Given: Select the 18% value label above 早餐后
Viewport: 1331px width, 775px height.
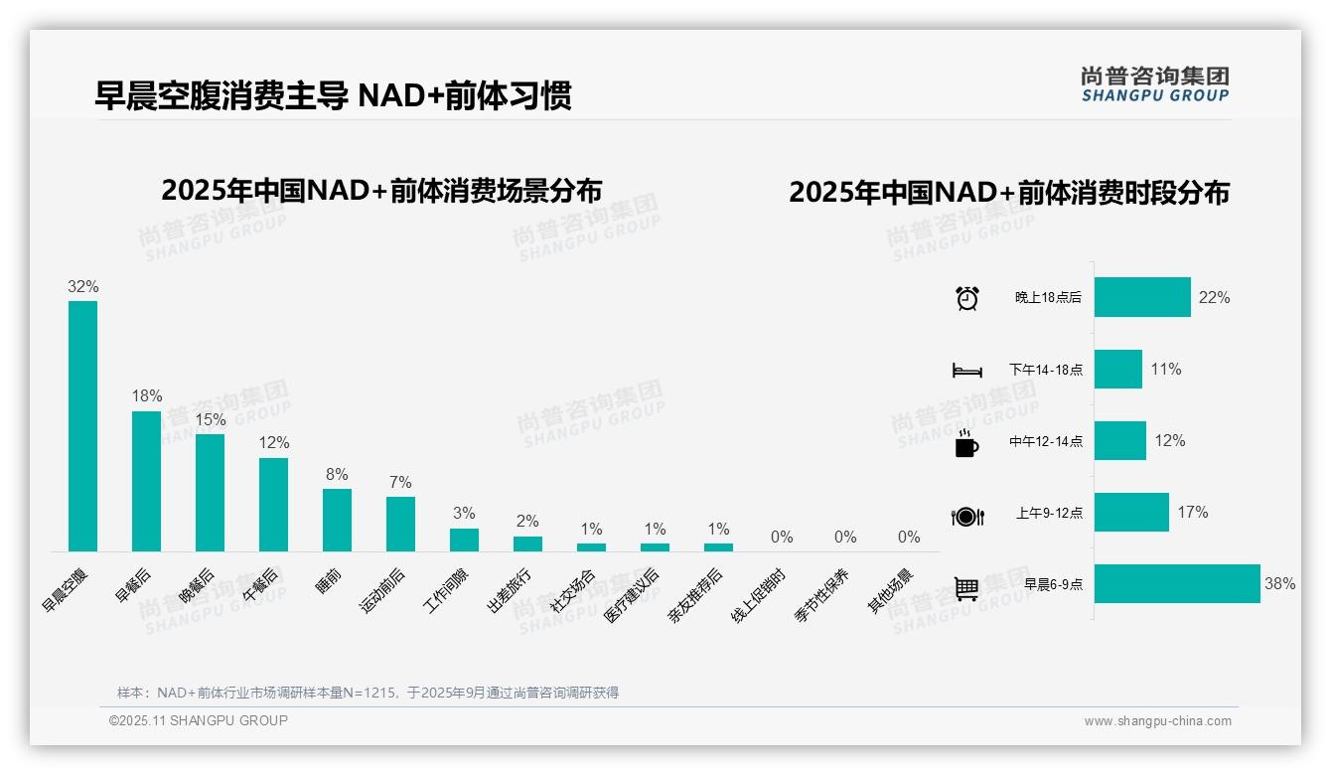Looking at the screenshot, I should click(147, 395).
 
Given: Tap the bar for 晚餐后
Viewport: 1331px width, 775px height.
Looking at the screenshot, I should click(210, 492).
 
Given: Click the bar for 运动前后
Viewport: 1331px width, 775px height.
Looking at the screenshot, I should click(400, 524).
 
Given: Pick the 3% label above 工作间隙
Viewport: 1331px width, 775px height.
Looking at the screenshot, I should click(464, 513).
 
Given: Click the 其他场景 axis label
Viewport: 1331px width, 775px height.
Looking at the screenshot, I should click(891, 591).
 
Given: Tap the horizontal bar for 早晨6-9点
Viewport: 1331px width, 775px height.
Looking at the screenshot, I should click(1177, 583).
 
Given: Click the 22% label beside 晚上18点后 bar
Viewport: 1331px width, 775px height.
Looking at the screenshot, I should click(1214, 297).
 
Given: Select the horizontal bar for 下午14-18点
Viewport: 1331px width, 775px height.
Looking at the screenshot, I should click(1118, 369).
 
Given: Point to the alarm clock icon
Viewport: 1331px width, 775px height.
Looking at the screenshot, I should click(966, 298).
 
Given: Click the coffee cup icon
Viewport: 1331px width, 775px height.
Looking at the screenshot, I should click(966, 444).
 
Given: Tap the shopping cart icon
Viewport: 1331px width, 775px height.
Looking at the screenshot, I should click(966, 588).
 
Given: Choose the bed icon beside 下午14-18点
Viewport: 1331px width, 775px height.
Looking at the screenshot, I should click(966, 371).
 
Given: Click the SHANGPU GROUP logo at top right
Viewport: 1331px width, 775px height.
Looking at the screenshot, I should click(1154, 84).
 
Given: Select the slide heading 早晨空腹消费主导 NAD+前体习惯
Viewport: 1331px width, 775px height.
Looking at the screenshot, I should click(333, 95).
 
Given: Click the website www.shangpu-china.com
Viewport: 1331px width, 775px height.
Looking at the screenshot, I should click(1157, 721).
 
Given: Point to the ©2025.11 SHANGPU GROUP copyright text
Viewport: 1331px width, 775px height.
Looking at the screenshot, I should click(199, 720).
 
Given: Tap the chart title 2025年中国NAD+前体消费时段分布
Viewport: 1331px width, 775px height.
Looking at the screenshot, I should click(1009, 192).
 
